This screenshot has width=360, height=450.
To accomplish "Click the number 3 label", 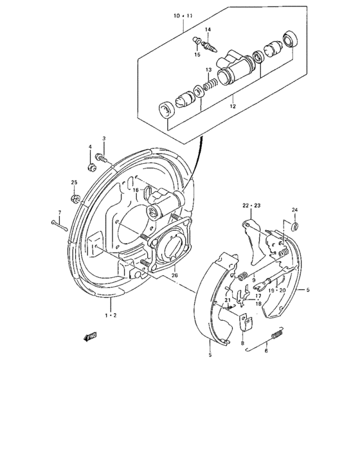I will pyautogui.click(x=104, y=138).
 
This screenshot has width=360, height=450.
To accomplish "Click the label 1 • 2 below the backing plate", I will pyautogui.click(x=111, y=315).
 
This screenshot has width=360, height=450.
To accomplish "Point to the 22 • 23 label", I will pyautogui.click(x=251, y=205).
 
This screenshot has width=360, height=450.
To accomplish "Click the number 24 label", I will pyautogui.click(x=295, y=210).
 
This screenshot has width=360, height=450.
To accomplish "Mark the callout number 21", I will pyautogui.click(x=227, y=301).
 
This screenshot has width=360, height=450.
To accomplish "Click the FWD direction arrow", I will pyautogui.click(x=90, y=336).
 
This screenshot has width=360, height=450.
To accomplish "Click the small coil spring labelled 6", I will pyautogui.click(x=278, y=335).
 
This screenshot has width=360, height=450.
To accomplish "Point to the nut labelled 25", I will pyautogui.click(x=75, y=197).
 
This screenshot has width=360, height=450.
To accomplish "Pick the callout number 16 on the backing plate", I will pyautogui.click(x=136, y=190).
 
